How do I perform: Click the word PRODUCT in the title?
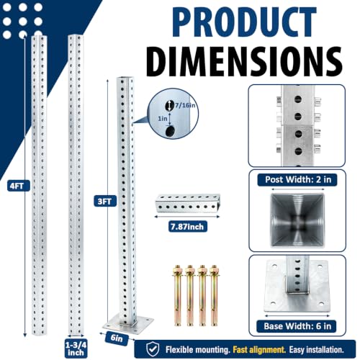point(244,22)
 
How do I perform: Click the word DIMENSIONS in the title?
point(244,61)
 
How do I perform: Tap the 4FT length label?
point(17,186)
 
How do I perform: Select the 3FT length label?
point(104,201)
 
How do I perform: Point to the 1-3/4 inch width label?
point(76,348)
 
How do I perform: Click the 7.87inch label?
point(187,227)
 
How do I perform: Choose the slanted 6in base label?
point(117,338)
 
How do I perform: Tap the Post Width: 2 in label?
point(297,179)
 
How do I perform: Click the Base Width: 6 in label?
point(297,326)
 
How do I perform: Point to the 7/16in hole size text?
point(185,105)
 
